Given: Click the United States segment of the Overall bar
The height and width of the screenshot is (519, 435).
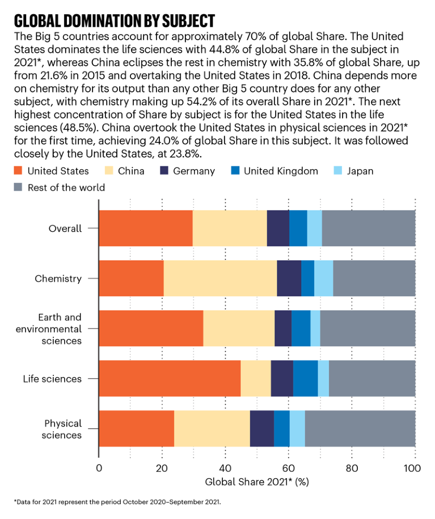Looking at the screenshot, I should [146, 228].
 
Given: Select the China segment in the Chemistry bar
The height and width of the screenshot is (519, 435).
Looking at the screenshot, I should [220, 278].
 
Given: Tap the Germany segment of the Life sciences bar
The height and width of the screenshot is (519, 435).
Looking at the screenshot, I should [282, 378].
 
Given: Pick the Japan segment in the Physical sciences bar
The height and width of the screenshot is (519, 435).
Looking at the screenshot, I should [297, 428].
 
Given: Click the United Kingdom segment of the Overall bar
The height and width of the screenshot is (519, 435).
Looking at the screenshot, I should [298, 228].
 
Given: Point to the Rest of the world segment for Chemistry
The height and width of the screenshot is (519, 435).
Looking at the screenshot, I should [374, 278].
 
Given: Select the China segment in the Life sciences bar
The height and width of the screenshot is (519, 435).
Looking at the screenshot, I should [256, 378].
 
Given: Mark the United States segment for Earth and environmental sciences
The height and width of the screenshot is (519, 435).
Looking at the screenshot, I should [151, 328].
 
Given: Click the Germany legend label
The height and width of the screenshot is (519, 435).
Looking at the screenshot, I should [195, 170].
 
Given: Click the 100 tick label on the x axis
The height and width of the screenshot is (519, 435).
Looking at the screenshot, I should [413, 468].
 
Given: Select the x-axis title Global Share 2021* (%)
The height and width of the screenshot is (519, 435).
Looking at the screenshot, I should [256, 483].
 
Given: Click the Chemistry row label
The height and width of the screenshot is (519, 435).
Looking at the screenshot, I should [58, 278].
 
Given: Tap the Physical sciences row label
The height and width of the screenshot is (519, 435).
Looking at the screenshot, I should [63, 429].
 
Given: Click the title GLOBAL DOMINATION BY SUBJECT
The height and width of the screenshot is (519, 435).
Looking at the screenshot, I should [115, 21].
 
